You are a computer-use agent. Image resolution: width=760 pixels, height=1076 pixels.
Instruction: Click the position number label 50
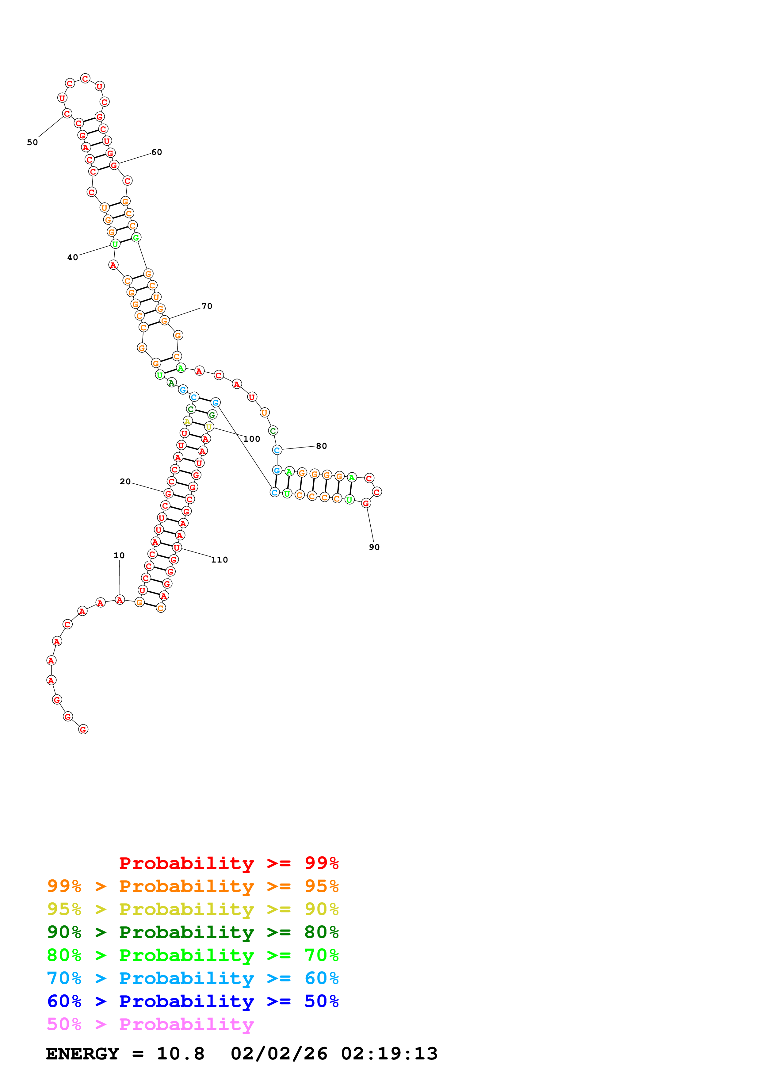[32, 142]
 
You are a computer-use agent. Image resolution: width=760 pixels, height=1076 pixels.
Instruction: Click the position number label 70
[207, 306]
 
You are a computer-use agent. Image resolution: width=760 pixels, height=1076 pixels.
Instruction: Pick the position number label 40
[73, 257]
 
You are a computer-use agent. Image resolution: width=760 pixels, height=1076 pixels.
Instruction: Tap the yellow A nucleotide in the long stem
[188, 421]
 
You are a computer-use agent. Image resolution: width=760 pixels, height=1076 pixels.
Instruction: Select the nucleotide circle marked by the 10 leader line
[120, 600]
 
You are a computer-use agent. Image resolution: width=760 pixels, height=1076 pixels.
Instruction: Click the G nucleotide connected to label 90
[366, 503]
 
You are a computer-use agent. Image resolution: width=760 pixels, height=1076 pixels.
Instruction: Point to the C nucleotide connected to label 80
[277, 450]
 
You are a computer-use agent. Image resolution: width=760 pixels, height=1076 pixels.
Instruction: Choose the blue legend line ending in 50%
[193, 1001]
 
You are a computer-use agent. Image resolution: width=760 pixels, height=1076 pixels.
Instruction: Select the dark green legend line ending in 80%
[193, 932]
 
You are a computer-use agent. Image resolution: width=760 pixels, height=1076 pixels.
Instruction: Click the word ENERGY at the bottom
[82, 1054]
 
